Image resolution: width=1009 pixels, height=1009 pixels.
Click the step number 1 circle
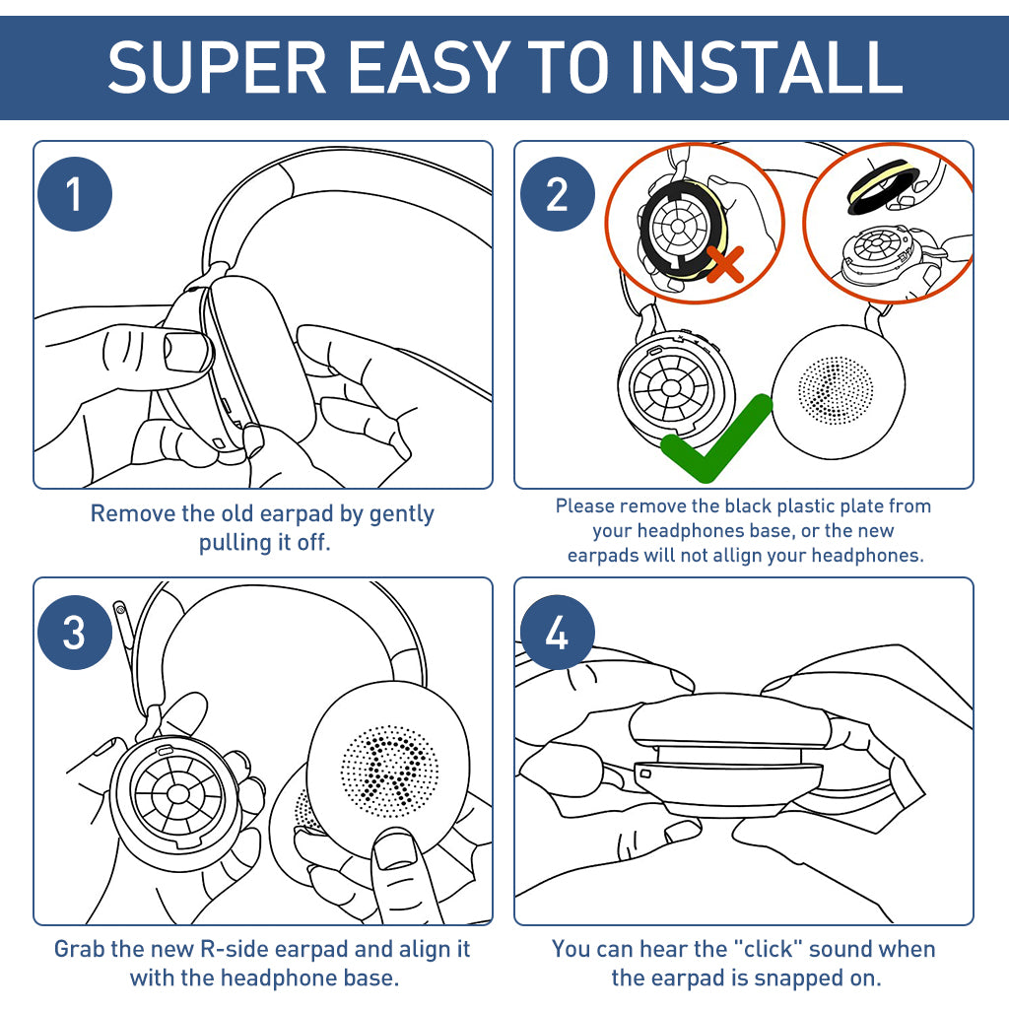(75, 194)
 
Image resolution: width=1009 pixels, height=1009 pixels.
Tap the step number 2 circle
(557, 194)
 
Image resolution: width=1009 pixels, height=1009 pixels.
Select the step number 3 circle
(75, 633)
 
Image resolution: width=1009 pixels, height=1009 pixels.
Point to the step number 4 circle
(557, 633)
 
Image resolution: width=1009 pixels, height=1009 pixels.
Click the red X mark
(725, 264)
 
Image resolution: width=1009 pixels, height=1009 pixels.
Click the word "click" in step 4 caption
(763, 950)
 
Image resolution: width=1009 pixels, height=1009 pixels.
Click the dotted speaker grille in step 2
(836, 390)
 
